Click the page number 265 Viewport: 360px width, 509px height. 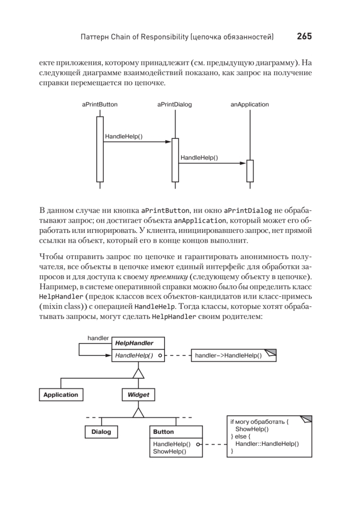(x=304, y=37)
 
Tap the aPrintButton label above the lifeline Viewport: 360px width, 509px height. (x=100, y=104)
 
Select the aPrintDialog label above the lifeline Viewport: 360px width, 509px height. (x=174, y=104)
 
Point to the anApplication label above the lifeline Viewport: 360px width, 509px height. (x=250, y=104)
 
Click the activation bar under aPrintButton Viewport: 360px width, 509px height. (x=100, y=148)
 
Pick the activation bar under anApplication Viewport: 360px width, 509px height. (x=250, y=171)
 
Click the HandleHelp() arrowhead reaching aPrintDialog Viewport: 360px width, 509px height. (x=168, y=142)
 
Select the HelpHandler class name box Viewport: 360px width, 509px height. (x=137, y=343)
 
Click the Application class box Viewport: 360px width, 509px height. (x=61, y=394)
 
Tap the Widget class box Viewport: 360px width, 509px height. (x=138, y=394)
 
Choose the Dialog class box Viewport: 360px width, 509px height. (x=101, y=432)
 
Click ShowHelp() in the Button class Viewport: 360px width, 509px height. (x=170, y=452)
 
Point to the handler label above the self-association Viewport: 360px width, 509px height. (x=98, y=338)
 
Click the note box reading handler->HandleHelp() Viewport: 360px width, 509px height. (x=234, y=355)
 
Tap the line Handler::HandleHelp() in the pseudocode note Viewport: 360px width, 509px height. (x=267, y=444)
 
